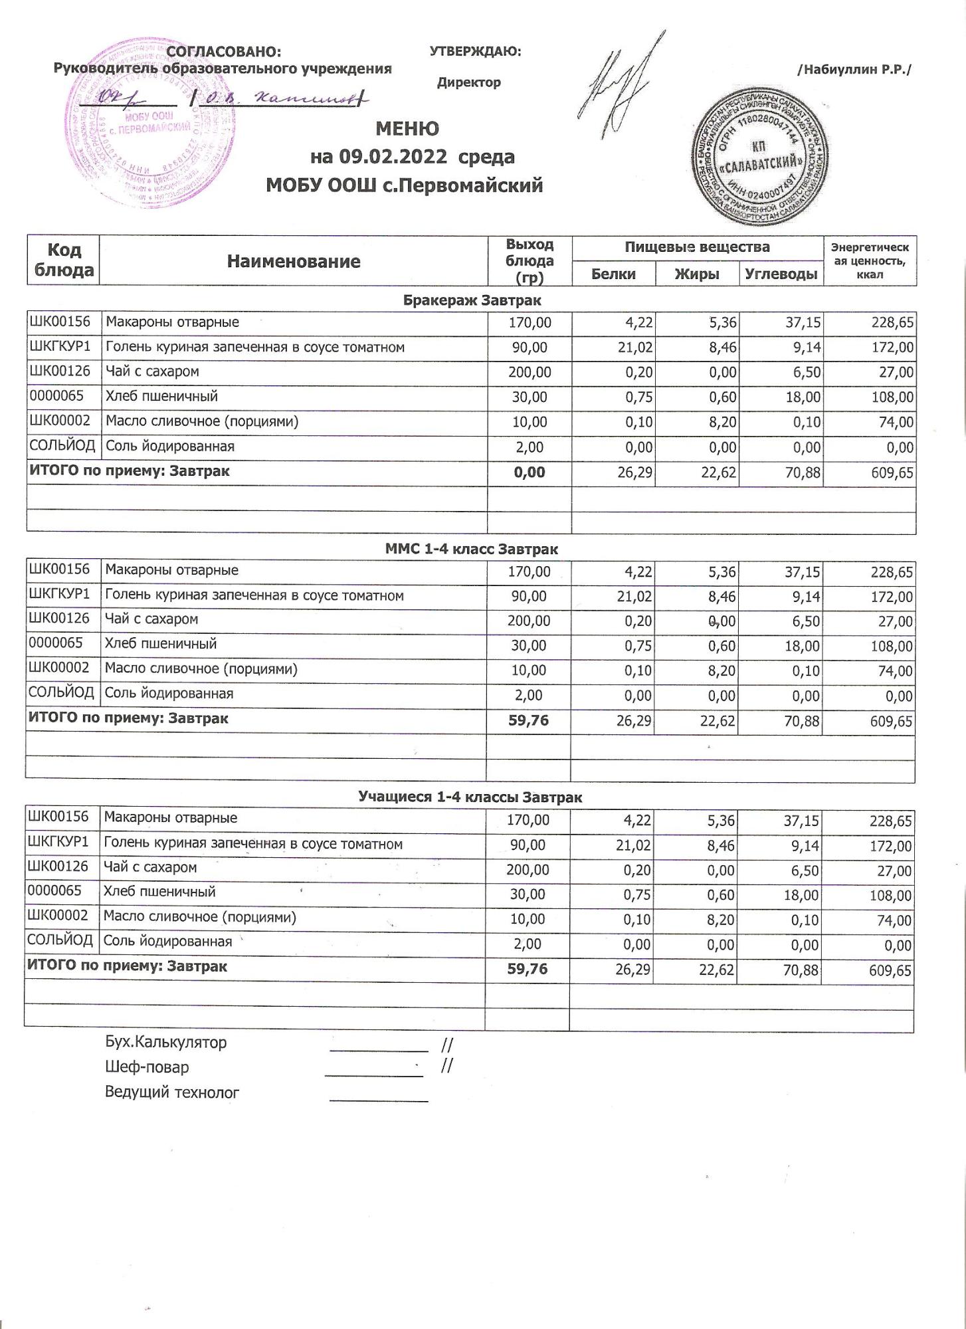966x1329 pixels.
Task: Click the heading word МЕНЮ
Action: coord(407,128)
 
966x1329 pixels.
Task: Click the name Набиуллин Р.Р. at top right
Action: coord(854,69)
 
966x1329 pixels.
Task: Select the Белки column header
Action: coord(613,274)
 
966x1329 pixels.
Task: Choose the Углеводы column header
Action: coord(781,274)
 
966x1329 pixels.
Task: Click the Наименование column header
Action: coord(293,261)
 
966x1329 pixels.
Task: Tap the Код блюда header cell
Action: coord(63,260)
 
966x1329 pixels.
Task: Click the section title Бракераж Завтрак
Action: coord(472,300)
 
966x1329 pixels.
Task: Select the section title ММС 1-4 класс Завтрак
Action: coord(471,550)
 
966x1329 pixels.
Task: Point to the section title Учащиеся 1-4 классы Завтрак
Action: coord(470,797)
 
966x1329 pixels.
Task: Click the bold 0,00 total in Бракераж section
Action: coord(530,472)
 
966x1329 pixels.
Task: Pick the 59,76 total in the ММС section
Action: coord(528,720)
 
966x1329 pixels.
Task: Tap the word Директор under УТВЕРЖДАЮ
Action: coord(468,83)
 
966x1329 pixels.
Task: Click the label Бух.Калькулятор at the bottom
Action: coord(165,1043)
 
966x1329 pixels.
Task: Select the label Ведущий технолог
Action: coord(171,1092)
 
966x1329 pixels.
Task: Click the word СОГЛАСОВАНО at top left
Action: coord(223,52)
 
